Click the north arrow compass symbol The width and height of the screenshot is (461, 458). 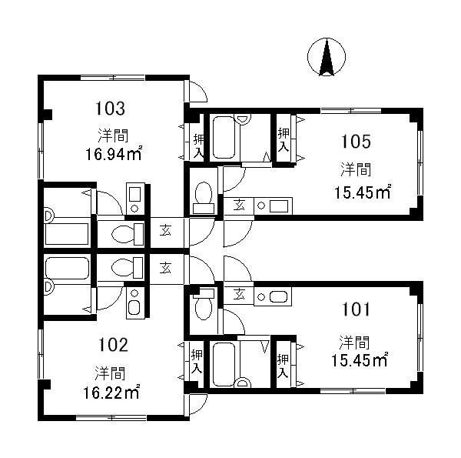pyautogui.click(x=327, y=56)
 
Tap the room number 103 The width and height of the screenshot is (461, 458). pyautogui.click(x=110, y=109)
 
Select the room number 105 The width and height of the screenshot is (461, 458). pyautogui.click(x=356, y=142)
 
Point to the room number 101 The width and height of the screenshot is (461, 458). pyautogui.click(x=356, y=309)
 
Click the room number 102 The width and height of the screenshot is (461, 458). pyautogui.click(x=113, y=345)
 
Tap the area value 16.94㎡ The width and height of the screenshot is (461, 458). pyautogui.click(x=114, y=154)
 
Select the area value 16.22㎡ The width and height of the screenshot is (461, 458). pyautogui.click(x=111, y=393)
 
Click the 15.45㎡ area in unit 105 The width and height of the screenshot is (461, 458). pyautogui.click(x=363, y=193)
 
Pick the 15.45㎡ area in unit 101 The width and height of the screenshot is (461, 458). pyautogui.click(x=360, y=360)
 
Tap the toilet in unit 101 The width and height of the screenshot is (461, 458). pyautogui.click(x=204, y=305)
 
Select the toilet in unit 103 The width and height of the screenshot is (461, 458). pyautogui.click(x=128, y=234)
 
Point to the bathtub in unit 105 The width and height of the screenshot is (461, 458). pyautogui.click(x=224, y=138)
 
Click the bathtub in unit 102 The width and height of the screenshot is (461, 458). pyautogui.click(x=68, y=269)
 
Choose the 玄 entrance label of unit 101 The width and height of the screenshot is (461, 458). pyautogui.click(x=239, y=294)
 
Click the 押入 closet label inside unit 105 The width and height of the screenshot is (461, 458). pyautogui.click(x=284, y=140)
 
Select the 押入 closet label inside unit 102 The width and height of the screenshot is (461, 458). pyautogui.click(x=197, y=361)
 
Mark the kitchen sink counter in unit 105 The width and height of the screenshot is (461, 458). pyautogui.click(x=273, y=206)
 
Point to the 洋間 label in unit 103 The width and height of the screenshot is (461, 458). pyautogui.click(x=113, y=135)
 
